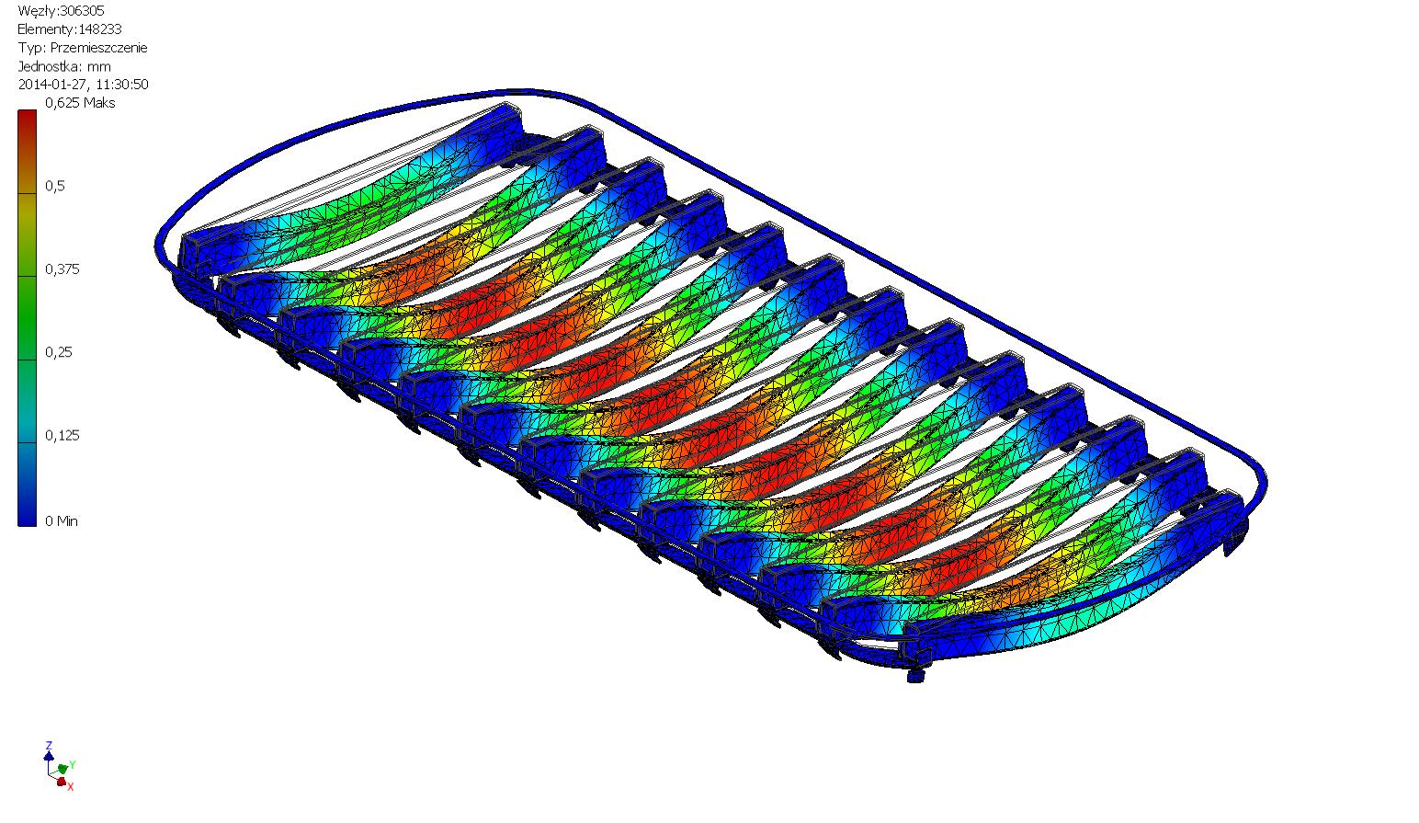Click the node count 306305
click(82, 11)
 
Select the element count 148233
click(99, 29)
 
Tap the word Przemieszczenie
click(99, 48)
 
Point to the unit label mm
click(99, 66)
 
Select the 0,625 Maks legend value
click(80, 103)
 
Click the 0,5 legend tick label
click(54, 186)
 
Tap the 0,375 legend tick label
click(62, 269)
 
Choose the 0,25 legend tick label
click(58, 352)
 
